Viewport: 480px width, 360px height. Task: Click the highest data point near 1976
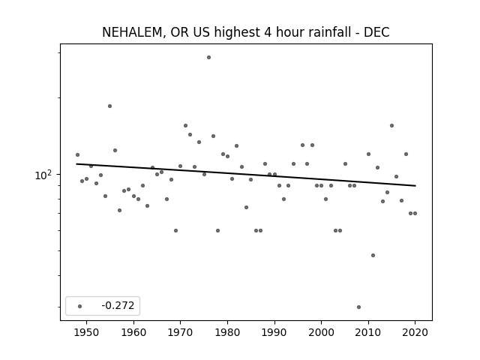click(x=208, y=57)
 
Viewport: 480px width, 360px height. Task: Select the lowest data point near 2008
click(x=358, y=307)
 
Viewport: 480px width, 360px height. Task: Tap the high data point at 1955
click(x=110, y=106)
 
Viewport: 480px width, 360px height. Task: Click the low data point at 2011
click(x=373, y=255)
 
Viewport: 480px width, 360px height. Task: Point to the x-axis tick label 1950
click(x=87, y=332)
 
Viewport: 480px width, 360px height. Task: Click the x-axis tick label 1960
click(x=133, y=332)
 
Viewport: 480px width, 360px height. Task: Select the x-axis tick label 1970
click(x=181, y=332)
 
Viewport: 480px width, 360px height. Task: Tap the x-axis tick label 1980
click(x=227, y=332)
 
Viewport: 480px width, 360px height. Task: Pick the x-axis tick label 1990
click(x=274, y=332)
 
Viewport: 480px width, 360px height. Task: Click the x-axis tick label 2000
click(x=322, y=332)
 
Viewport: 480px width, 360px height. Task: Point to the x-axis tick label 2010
click(x=368, y=332)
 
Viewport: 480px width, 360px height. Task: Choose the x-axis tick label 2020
click(x=415, y=332)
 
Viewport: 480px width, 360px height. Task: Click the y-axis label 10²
click(x=43, y=175)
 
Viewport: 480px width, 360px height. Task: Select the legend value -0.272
click(x=118, y=305)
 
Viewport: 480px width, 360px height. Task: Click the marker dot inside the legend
click(x=80, y=306)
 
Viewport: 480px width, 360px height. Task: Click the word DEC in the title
click(x=376, y=32)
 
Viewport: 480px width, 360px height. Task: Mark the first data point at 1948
click(x=77, y=155)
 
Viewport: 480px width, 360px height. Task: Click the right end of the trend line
click(x=415, y=186)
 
